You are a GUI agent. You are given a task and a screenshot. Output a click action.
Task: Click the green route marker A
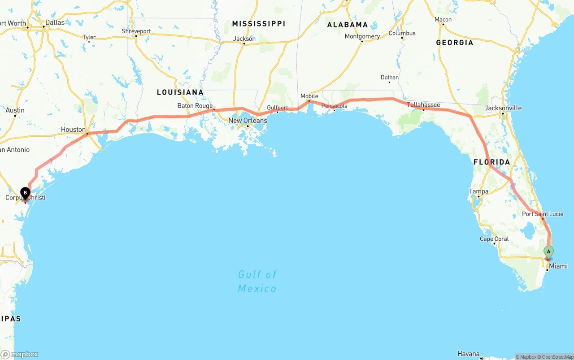point(548,252)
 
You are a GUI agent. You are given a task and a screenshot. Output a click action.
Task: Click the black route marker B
point(26,193)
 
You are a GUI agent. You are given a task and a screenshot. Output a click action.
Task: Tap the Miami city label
point(558,266)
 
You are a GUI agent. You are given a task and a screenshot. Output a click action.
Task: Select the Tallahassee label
point(423,105)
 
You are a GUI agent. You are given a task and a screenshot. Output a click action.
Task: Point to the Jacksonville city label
point(503,108)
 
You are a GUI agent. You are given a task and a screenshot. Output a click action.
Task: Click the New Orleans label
point(248,121)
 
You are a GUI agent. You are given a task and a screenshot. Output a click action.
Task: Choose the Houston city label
point(73,130)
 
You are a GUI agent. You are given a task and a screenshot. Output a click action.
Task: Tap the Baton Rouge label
point(195,106)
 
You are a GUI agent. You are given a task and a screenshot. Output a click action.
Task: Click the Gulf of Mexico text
point(257,281)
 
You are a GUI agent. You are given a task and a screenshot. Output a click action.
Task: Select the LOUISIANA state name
point(180,92)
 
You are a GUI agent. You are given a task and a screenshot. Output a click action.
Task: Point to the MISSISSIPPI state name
point(258,23)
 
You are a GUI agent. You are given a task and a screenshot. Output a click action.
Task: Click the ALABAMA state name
point(347,25)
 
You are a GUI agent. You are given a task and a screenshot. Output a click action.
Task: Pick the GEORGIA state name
point(454,43)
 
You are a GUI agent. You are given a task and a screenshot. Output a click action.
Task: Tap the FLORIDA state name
point(492,162)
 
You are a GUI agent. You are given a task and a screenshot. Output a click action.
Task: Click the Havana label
point(469,354)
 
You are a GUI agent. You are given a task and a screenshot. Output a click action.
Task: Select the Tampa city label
point(478,191)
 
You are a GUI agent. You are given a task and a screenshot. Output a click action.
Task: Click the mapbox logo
point(20,354)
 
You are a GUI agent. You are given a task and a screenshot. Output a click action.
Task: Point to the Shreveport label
point(136,31)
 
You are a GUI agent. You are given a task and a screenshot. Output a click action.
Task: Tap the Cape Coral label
point(494,239)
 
